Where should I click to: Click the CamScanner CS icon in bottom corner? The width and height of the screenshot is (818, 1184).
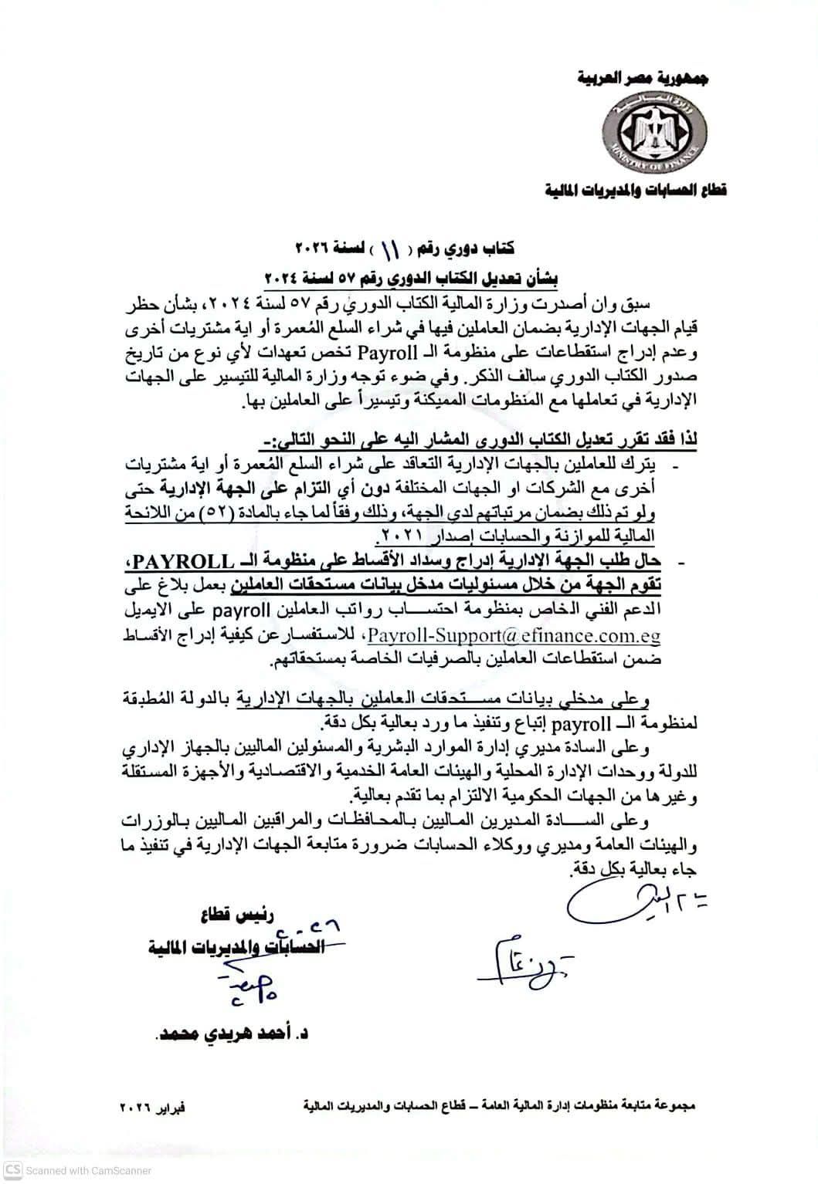point(13,1169)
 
